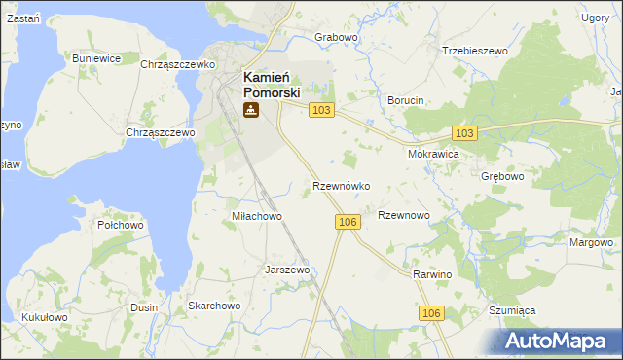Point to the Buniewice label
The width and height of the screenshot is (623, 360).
pyautogui.click(x=96, y=58)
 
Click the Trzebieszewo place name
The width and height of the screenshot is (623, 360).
pyautogui.click(x=476, y=50)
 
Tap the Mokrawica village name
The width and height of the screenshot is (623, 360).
pyautogui.click(x=433, y=154)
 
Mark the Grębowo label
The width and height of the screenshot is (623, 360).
pyautogui.click(x=502, y=177)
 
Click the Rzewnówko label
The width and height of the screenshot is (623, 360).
pyautogui.click(x=341, y=185)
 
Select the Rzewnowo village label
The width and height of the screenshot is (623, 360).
pyautogui.click(x=404, y=215)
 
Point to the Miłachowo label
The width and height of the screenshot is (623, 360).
pyautogui.click(x=256, y=216)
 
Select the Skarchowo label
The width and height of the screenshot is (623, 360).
pyautogui.click(x=214, y=306)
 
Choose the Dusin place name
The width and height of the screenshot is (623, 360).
pyautogui.click(x=144, y=306)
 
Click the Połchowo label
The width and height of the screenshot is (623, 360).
pyautogui.click(x=121, y=225)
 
